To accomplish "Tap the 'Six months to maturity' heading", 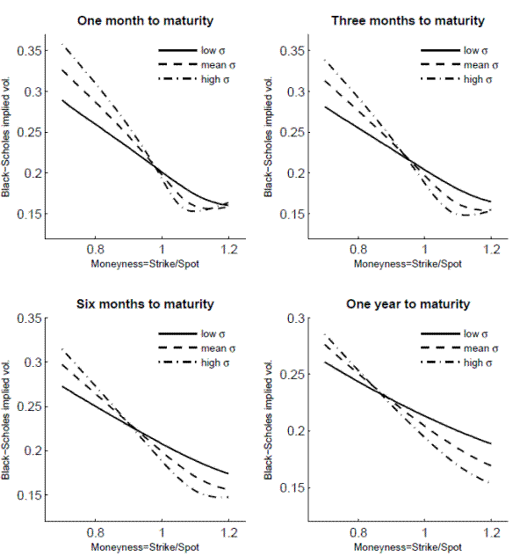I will (x=144, y=304).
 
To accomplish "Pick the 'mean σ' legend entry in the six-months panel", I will (x=208, y=349).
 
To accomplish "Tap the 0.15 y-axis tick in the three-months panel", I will (x=291, y=214).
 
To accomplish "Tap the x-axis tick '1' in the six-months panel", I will (x=162, y=534).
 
